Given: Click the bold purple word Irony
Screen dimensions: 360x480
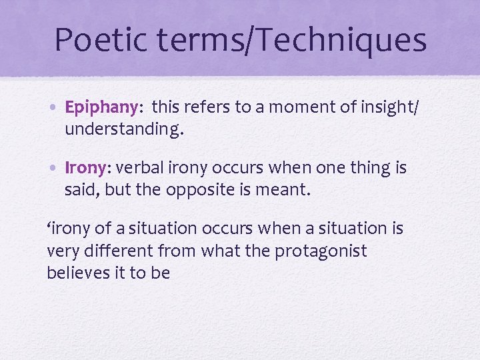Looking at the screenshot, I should click(x=83, y=169).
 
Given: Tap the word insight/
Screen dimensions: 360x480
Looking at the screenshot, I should click(x=386, y=108).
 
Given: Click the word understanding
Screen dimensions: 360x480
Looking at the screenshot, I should click(x=123, y=129).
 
